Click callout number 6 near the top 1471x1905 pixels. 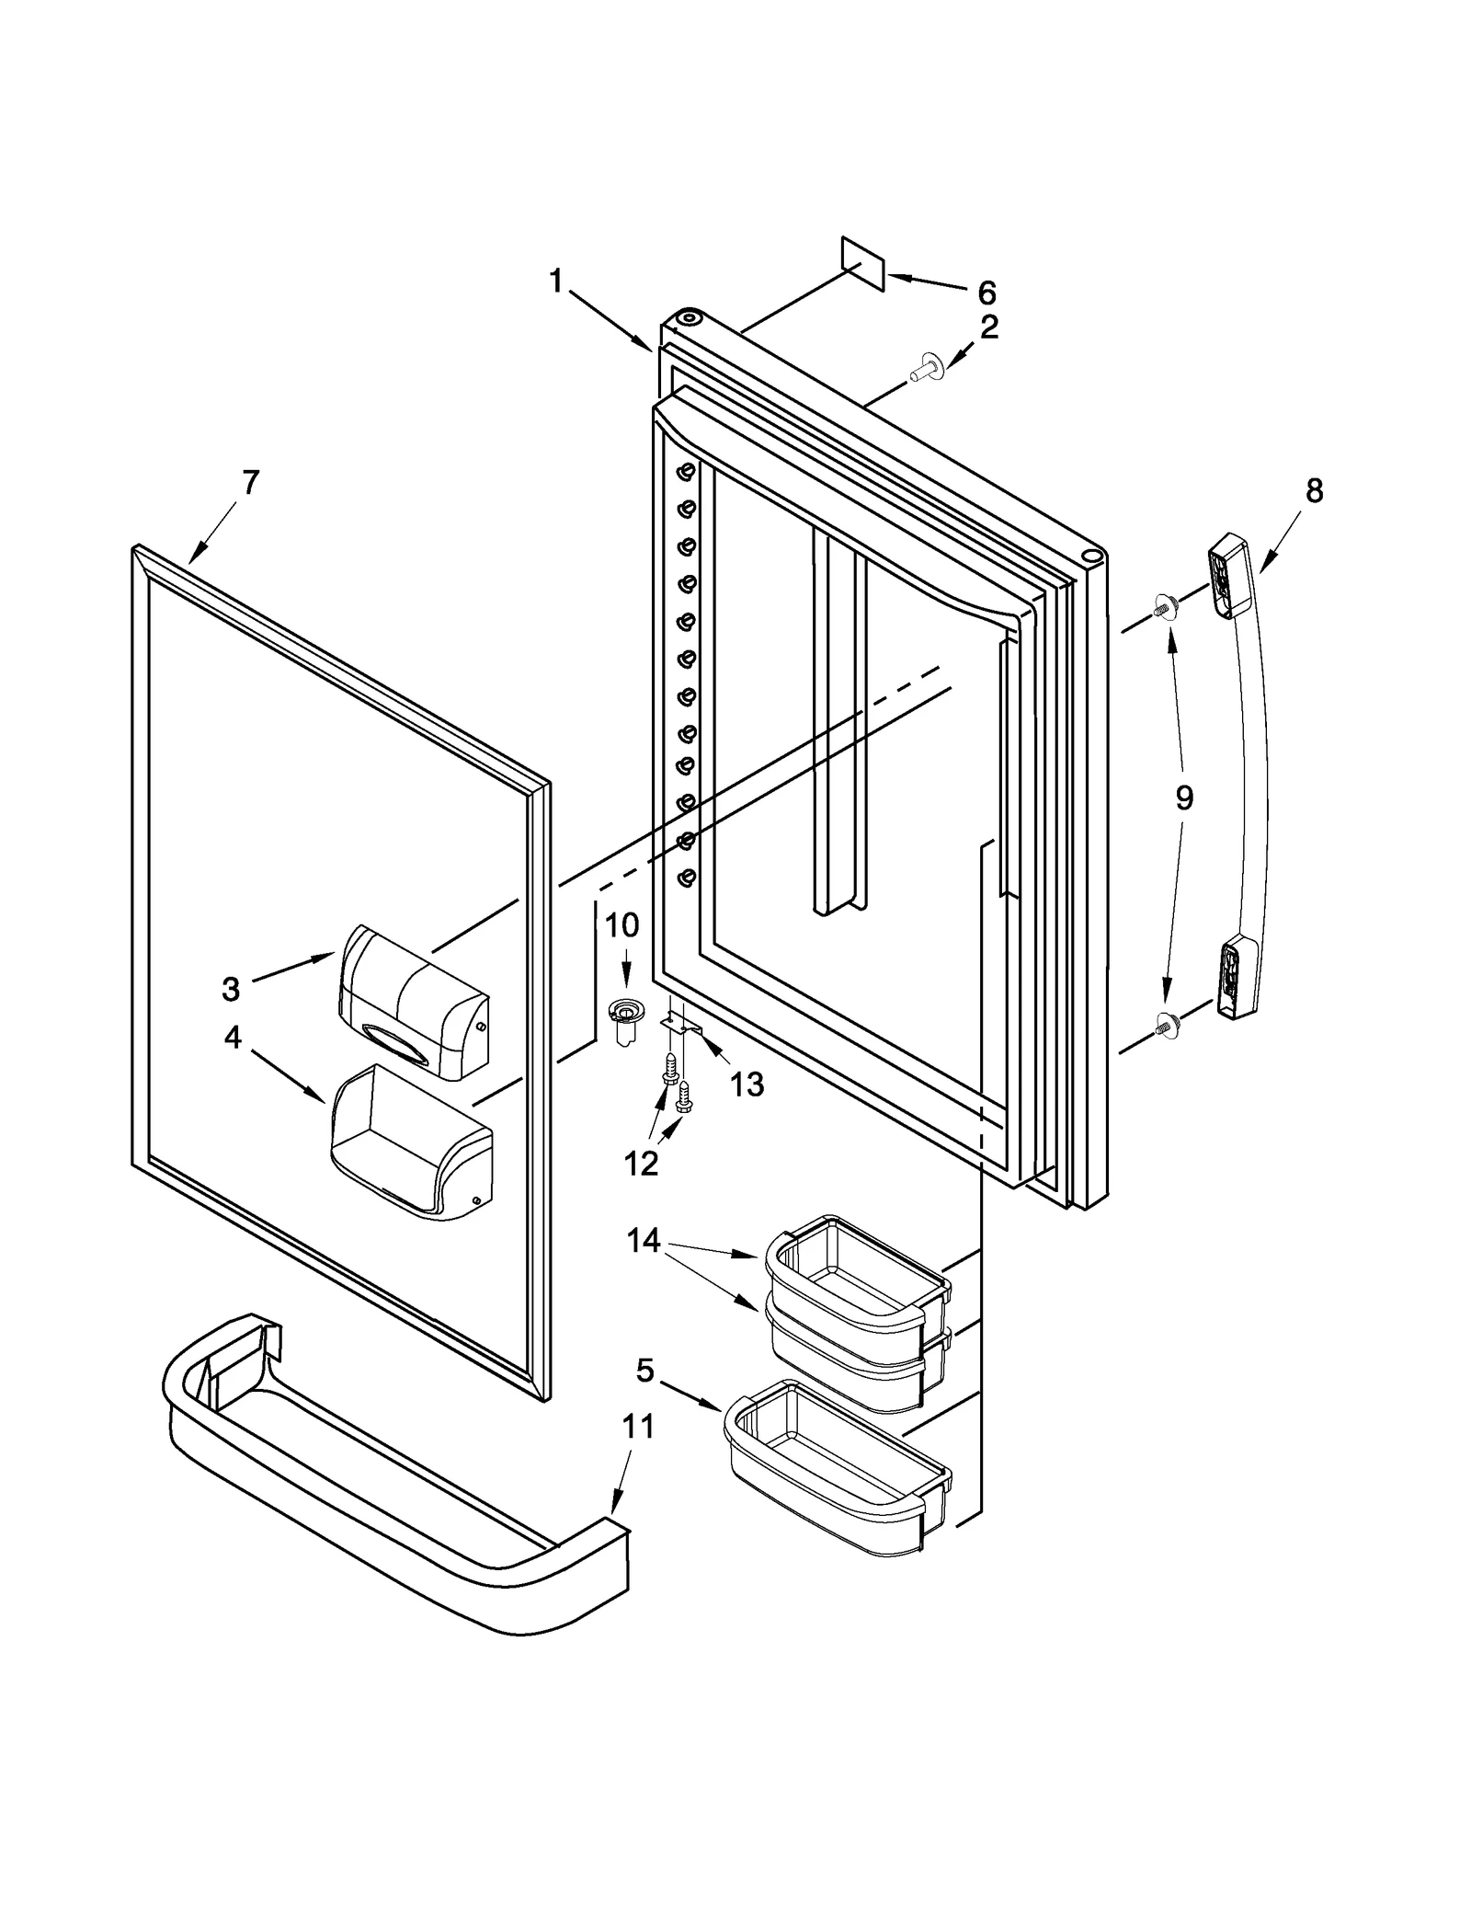point(986,293)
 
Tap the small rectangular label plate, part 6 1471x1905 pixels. point(862,264)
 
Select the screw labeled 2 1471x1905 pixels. point(922,371)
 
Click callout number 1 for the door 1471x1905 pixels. point(555,281)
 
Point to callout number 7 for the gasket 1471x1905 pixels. point(250,482)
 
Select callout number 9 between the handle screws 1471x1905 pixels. point(1184,798)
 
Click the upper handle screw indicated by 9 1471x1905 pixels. point(1166,606)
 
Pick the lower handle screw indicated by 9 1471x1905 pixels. point(1166,1020)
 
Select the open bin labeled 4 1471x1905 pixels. point(411,1141)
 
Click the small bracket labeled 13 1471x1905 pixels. point(683,1023)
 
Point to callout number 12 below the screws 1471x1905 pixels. point(641,1164)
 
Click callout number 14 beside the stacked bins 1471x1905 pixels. point(644,1241)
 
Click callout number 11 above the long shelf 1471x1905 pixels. point(638,1426)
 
